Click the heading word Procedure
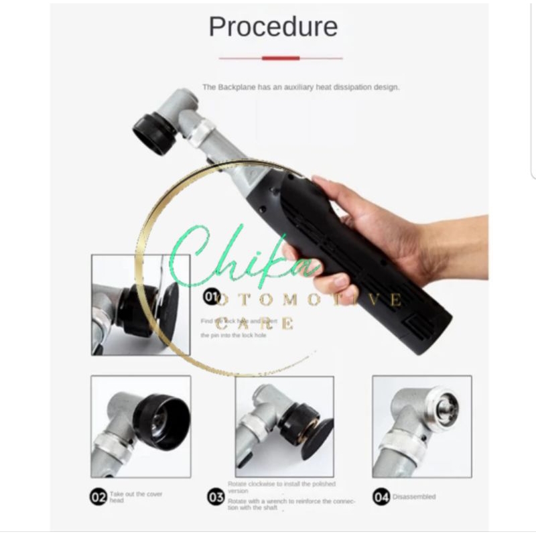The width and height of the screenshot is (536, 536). tap(273, 27)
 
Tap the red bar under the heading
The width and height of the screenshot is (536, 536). tap(280, 58)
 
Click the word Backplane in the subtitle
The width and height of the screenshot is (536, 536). tap(234, 87)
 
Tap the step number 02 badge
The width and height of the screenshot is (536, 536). tap(98, 497)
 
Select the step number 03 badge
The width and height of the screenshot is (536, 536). tap(216, 497)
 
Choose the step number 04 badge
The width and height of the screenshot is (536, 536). tap(381, 497)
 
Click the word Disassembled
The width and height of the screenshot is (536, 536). tap(414, 497)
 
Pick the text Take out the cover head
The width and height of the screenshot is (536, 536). tap(135, 496)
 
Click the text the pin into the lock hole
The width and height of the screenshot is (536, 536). tap(233, 335)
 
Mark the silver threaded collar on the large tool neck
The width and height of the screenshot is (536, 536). tap(200, 133)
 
